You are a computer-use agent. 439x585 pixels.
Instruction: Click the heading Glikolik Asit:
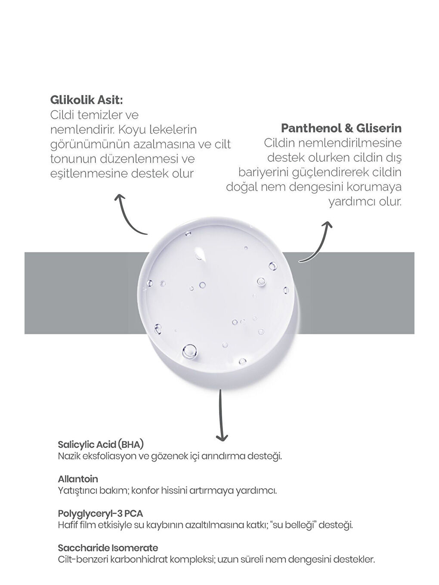(x=87, y=100)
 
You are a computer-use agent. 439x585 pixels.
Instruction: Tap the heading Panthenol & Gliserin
(x=341, y=128)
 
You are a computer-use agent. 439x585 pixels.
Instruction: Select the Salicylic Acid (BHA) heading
(x=100, y=444)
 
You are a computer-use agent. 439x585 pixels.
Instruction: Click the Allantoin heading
(x=78, y=479)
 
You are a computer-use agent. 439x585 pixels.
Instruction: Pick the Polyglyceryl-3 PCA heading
(x=100, y=513)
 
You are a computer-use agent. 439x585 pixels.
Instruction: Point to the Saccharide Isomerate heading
(x=108, y=548)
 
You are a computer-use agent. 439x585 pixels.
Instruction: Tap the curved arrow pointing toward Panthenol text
(x=318, y=241)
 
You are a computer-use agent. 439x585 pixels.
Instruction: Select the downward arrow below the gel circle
(x=221, y=415)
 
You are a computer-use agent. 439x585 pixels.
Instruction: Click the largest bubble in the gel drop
(x=189, y=351)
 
